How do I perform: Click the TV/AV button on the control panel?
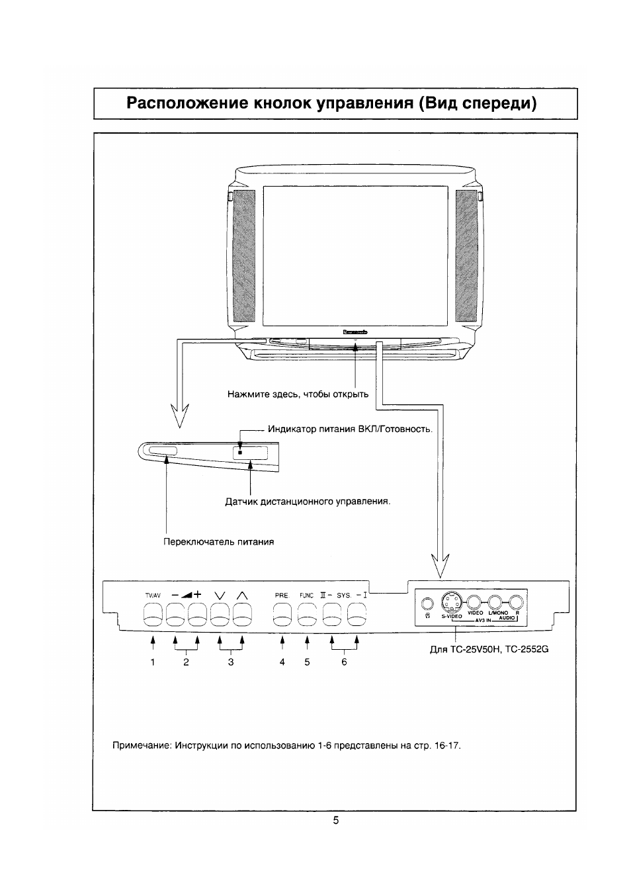coord(153,617)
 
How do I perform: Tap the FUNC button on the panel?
coord(307,617)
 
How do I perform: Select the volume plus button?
coord(198,617)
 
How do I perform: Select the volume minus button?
coord(175,617)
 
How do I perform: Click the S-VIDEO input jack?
coord(450,602)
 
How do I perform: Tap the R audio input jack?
coord(517,602)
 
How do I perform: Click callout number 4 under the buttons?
coord(282,662)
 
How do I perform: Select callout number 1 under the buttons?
coord(153,662)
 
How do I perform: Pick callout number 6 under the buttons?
coord(344,662)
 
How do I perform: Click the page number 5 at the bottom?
coord(336,821)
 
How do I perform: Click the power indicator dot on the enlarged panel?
coord(240,453)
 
